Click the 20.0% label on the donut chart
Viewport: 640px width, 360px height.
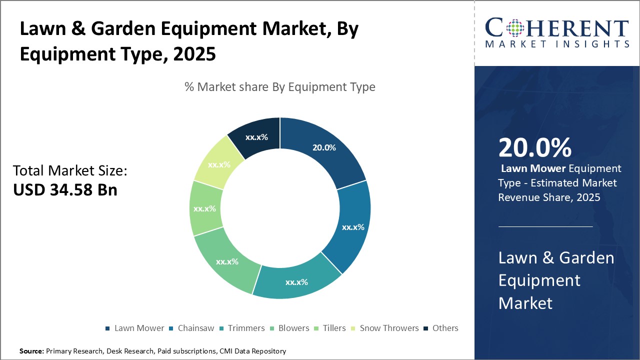(324, 147)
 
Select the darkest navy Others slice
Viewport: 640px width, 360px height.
(256, 136)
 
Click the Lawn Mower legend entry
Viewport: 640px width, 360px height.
(138, 328)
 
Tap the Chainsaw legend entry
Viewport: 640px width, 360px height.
(194, 328)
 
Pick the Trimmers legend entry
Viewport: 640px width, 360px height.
(245, 328)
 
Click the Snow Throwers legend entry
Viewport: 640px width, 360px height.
(388, 328)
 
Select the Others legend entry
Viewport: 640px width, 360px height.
(444, 328)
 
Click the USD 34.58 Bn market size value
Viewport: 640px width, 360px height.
(65, 190)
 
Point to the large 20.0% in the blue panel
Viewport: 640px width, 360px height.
(534, 148)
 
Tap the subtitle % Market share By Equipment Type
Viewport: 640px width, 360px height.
(279, 87)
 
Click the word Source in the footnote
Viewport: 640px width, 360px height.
(31, 351)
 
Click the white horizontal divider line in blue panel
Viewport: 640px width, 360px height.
(545, 226)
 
